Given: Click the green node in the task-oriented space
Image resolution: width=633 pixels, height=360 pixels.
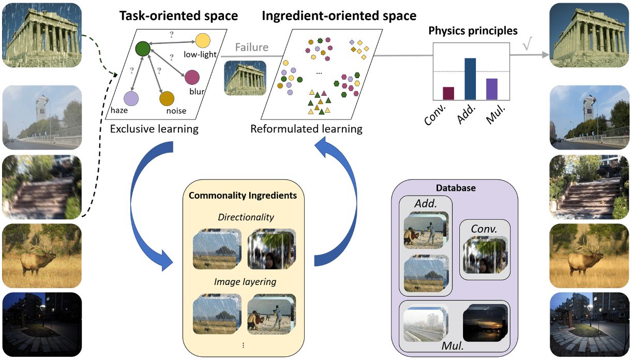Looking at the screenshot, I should tap(142, 49).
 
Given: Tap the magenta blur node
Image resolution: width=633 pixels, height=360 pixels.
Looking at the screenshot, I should tap(192, 77).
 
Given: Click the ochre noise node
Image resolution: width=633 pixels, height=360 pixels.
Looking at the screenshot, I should tap(167, 98).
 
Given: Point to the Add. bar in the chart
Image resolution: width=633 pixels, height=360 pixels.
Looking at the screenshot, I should tap(470, 79).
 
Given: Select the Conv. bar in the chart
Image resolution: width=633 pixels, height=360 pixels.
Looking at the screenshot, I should tap(448, 93).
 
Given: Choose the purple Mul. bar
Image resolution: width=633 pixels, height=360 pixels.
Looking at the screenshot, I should tap(492, 88).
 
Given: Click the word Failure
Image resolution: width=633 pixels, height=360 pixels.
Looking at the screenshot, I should tap(252, 48).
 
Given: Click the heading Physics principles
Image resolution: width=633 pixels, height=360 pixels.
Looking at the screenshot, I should tap(473, 31).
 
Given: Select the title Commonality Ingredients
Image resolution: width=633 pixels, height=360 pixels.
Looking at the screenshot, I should tap(243, 196).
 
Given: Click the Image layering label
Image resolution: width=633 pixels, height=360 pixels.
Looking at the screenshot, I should tap(245, 282).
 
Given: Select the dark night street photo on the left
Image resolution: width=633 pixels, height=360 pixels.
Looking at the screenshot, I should tap(42, 324).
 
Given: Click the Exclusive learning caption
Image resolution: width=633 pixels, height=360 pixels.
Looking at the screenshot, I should tap(154, 129).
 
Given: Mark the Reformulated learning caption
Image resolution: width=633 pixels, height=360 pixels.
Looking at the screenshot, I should tap(306, 129).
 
